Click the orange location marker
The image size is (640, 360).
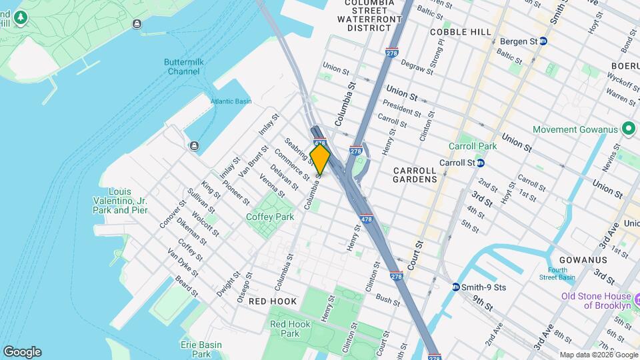(320, 159)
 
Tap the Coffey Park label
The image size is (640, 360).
(270, 217)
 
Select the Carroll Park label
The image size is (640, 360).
(473, 146)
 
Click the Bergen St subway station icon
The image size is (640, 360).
(543, 41)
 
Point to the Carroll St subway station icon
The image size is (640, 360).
(481, 163)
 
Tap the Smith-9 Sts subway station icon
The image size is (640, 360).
(456, 287)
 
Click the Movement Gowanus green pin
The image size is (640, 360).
(627, 128)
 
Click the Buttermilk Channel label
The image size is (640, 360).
(183, 67)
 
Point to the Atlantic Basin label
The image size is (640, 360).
(231, 101)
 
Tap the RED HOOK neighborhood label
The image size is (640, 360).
(272, 302)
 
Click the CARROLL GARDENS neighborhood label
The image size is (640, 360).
(415, 175)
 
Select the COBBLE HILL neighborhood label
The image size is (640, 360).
(461, 32)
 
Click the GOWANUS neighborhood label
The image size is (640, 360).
(583, 259)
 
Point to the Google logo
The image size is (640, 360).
(22, 352)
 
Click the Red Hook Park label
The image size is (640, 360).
(288, 329)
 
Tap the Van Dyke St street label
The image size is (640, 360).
(183, 264)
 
